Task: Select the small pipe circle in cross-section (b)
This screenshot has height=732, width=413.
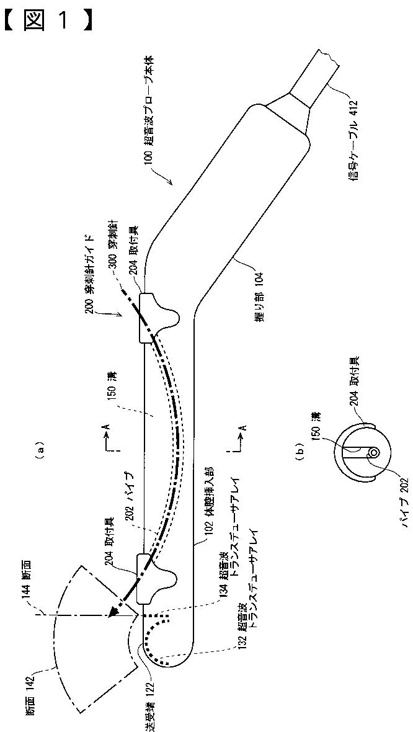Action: coord(373,452)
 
